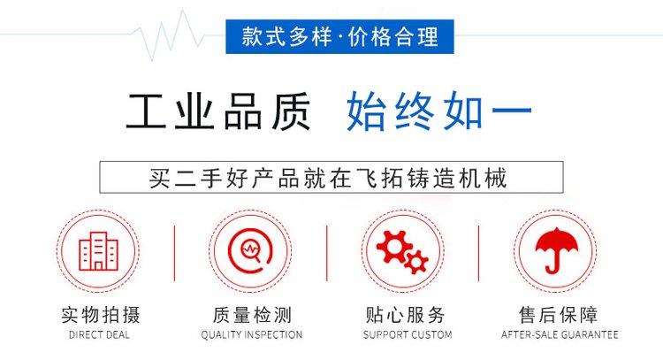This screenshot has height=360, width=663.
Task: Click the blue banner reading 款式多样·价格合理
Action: pyautogui.click(x=339, y=36)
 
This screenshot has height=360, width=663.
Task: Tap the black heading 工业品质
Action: pyautogui.click(x=218, y=111)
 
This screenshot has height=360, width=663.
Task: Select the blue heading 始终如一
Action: pyautogui.click(x=438, y=111)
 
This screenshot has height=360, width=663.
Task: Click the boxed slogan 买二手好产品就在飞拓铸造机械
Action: pyautogui.click(x=331, y=177)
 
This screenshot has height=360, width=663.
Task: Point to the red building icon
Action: pyautogui.click(x=98, y=251)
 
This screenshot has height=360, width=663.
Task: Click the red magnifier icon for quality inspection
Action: pyautogui.click(x=250, y=251)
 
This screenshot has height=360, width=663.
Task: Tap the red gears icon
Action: pyautogui.click(x=402, y=252)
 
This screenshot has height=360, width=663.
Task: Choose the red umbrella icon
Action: pyautogui.click(x=556, y=250)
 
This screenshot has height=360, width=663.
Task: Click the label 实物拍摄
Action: pyautogui.click(x=100, y=315)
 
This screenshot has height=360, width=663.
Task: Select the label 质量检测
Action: pyautogui.click(x=252, y=315)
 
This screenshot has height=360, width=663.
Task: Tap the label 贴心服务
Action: pyautogui.click(x=406, y=315)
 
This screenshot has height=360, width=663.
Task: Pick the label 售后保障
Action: pyautogui.click(x=558, y=315)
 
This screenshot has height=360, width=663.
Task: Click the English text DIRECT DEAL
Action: pyautogui.click(x=99, y=335)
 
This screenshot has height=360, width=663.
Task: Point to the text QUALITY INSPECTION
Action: pyautogui.click(x=252, y=335)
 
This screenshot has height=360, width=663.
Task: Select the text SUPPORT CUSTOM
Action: pyautogui.click(x=408, y=335)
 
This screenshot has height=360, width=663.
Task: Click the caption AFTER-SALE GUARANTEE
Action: pyautogui.click(x=560, y=335)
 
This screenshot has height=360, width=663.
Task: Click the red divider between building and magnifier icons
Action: pyautogui.click(x=175, y=253)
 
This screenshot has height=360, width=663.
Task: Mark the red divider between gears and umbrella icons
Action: pyautogui.click(x=478, y=253)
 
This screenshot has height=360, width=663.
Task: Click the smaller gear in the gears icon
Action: pyautogui.click(x=416, y=263)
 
